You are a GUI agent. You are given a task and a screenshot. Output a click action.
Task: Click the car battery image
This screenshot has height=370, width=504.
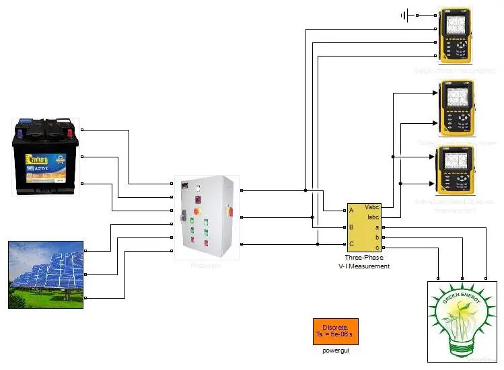[x=46, y=157]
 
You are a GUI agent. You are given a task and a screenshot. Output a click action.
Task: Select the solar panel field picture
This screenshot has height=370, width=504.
[x=46, y=274]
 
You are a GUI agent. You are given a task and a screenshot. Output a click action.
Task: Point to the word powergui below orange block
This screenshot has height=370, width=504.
[x=335, y=350]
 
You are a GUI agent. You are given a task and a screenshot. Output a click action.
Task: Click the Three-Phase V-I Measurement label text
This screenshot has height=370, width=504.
[x=364, y=262]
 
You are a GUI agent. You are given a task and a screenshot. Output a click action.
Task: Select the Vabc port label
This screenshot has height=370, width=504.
[x=372, y=207]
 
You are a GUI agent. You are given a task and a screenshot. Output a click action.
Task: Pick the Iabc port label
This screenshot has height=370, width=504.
[x=373, y=217]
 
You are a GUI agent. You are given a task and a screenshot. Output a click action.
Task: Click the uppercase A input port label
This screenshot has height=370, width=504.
[x=351, y=211]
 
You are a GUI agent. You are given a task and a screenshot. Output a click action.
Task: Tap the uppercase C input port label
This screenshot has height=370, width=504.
[x=351, y=244]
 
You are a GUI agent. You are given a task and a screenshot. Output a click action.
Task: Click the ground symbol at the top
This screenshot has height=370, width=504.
[x=406, y=15]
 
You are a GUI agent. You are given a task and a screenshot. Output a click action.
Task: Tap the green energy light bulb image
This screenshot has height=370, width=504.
[x=462, y=321]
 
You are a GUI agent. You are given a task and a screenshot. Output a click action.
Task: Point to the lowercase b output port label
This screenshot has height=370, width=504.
[x=377, y=237]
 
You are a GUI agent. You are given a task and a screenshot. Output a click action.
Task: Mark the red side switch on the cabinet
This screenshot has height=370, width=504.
[x=230, y=211]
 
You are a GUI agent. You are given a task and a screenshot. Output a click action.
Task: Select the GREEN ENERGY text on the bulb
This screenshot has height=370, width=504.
[x=462, y=298]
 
